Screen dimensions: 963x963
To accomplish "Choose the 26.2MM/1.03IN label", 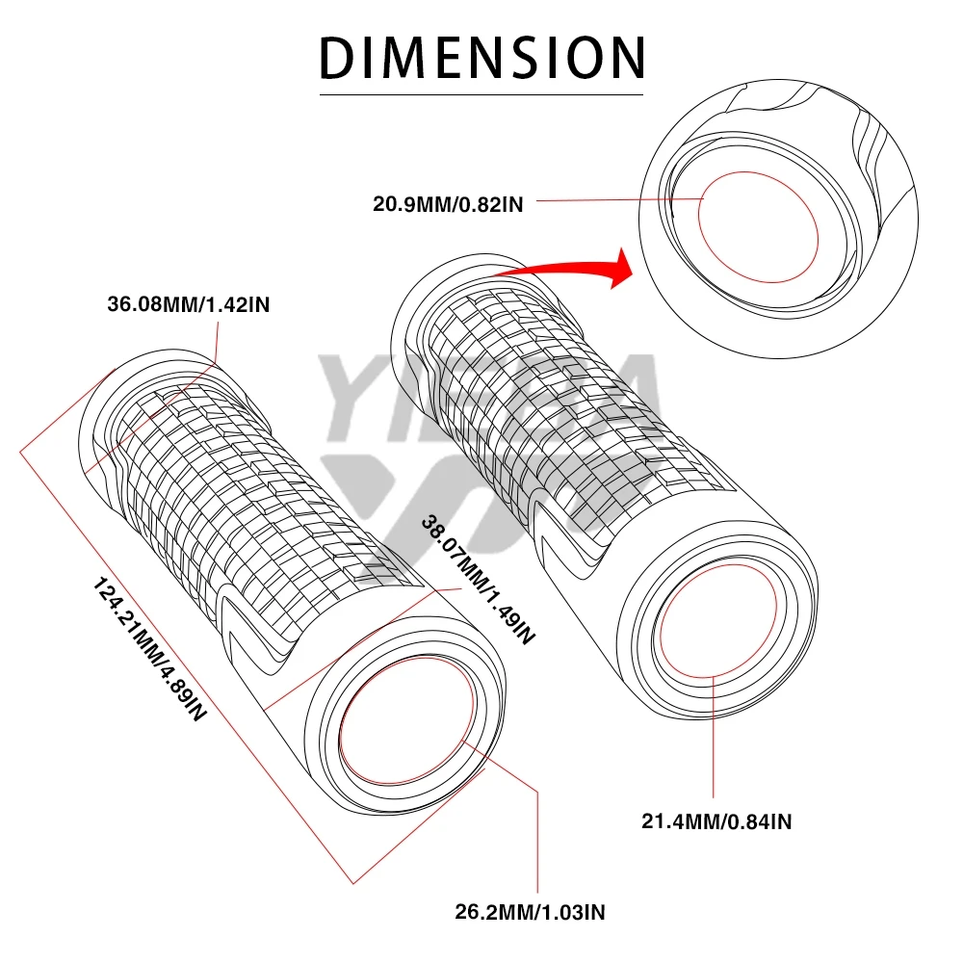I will click(530, 909).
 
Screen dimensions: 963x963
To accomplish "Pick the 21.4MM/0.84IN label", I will click(716, 820).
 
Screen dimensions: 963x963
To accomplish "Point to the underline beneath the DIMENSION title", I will click(481, 94).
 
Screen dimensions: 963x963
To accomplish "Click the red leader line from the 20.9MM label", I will click(616, 200).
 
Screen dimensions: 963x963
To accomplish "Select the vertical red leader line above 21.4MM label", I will click(715, 742).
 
